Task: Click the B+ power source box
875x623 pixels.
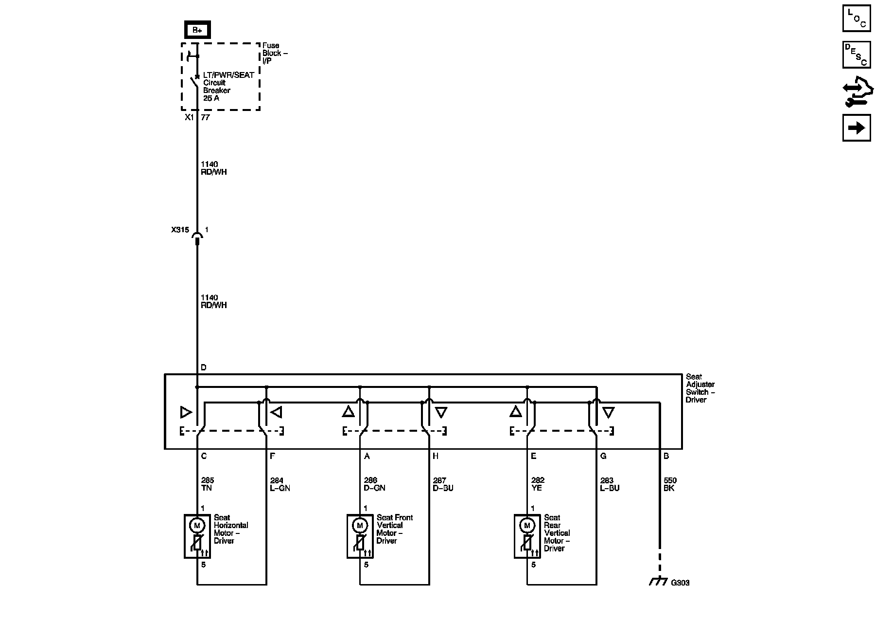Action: (x=197, y=30)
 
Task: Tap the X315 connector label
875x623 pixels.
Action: (x=180, y=230)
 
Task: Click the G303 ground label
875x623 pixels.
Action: (x=680, y=583)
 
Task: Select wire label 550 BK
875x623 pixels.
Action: (x=670, y=484)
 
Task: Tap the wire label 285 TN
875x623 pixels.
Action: (x=207, y=484)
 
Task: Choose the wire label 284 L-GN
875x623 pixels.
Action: (x=280, y=484)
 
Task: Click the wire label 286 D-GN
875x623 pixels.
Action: (x=374, y=484)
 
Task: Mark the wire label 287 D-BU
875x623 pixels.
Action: (x=443, y=484)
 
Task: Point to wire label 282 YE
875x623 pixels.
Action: (x=538, y=484)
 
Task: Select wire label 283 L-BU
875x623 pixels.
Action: (x=610, y=484)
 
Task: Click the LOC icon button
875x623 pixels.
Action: (x=856, y=18)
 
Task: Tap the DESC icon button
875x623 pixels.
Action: (x=856, y=55)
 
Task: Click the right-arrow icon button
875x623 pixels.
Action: (x=856, y=128)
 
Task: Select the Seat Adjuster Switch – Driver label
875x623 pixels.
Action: (x=700, y=388)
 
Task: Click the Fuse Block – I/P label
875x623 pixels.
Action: (x=274, y=53)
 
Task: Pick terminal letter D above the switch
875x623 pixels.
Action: (x=203, y=367)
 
